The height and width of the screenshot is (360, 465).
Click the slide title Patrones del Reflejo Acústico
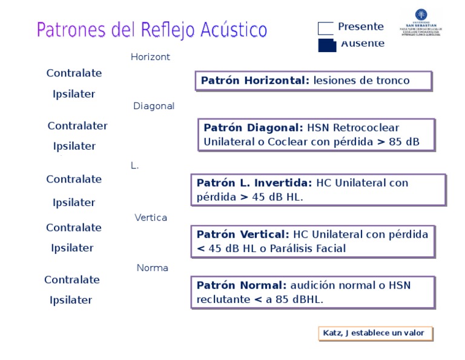pos(152,30)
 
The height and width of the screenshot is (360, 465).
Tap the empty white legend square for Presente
pos(326,28)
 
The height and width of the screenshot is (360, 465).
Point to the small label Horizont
pos(150,57)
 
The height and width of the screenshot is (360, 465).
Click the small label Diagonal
pos(154,106)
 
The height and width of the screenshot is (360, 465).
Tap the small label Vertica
pos(151,218)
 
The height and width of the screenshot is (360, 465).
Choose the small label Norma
pos(153,268)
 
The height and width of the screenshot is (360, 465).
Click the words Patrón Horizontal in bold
pos(255,81)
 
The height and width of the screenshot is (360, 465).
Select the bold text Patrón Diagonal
pos(254,128)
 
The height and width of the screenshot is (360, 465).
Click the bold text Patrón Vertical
pos(243,235)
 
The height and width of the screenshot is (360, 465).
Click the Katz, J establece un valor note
pos(375,333)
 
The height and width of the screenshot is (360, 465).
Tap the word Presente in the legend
pos(361,27)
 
